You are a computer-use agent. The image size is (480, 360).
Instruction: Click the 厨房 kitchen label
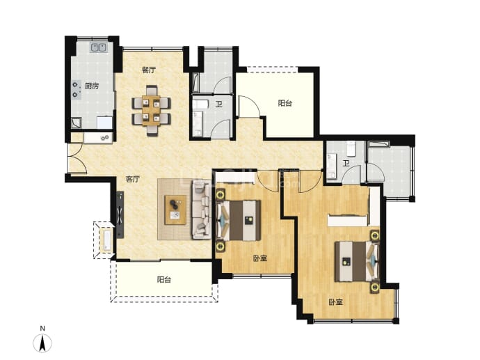point(92,86)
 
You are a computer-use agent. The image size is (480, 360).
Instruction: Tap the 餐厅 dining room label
point(148,70)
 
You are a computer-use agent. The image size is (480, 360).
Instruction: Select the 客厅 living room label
point(133,179)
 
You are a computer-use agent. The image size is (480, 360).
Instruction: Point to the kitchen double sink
point(98,47)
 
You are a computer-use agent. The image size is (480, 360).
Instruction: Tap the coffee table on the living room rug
point(175,210)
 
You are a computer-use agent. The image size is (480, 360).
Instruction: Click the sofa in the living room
point(202,210)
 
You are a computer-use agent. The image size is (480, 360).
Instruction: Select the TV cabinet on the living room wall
point(120,214)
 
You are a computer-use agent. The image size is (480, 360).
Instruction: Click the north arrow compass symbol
point(42,343)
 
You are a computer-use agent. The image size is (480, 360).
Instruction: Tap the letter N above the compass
point(42,329)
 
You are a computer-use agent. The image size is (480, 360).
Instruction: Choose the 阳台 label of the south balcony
point(164,280)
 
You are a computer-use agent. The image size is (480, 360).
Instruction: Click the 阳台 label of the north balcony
point(285,103)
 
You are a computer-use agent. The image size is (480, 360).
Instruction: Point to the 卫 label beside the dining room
point(218,104)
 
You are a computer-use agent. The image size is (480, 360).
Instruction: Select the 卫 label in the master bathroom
point(346,164)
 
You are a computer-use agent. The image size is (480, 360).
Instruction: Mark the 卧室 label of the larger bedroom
point(335,302)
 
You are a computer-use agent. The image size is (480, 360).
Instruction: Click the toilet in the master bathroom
point(351,148)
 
